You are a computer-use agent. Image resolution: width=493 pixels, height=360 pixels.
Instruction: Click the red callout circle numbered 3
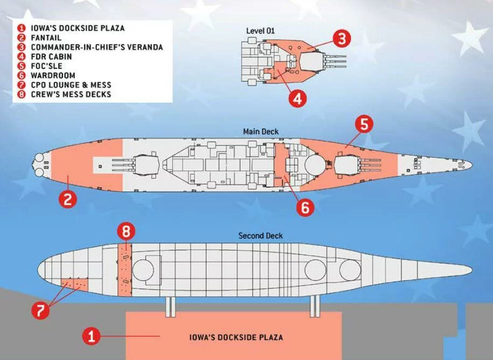[342, 39]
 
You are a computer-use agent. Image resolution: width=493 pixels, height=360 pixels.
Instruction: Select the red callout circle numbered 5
[364, 124]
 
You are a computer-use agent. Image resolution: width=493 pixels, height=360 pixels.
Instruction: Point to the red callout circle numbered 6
[305, 208]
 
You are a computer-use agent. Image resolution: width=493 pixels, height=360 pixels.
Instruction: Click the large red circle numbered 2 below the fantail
[68, 200]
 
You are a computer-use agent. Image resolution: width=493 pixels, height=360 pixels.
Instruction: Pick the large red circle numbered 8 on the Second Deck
[125, 232]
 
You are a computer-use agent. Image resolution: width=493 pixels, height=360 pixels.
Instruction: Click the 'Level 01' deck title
[260, 31]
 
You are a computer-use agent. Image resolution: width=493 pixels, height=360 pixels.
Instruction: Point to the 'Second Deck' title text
[260, 236]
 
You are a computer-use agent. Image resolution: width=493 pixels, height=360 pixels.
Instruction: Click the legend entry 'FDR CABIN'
[49, 57]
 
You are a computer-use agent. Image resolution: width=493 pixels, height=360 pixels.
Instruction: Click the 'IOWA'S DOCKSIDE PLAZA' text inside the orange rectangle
[236, 338]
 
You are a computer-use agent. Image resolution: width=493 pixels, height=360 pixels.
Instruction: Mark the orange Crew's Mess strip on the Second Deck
[125, 269]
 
